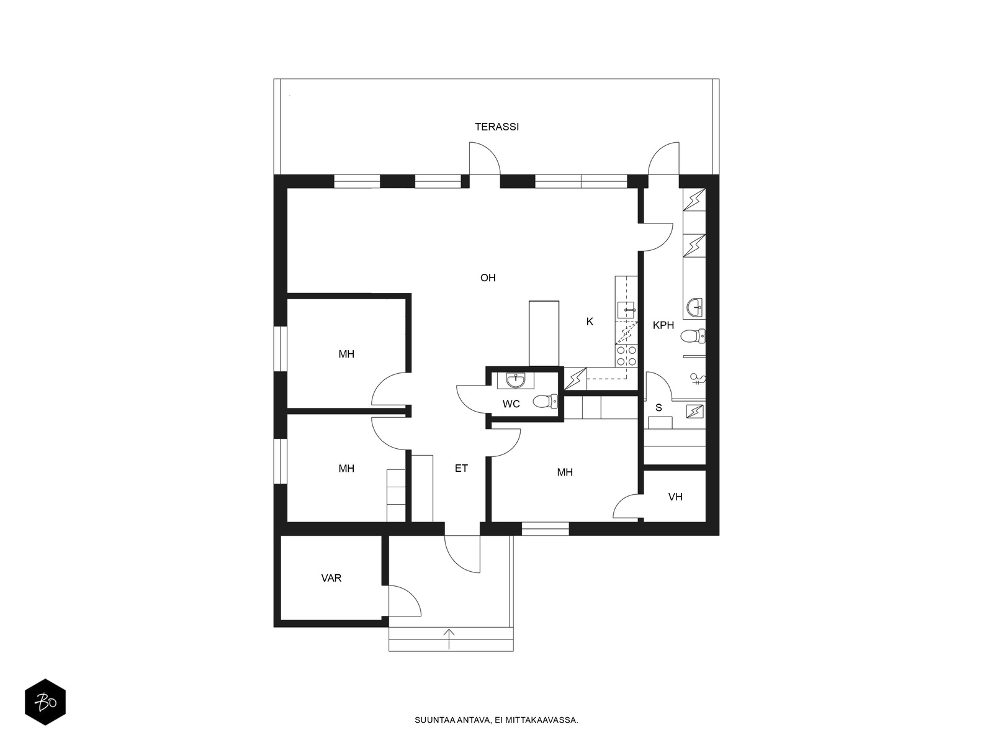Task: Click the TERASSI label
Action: pyautogui.click(x=496, y=127)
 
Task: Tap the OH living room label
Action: pyautogui.click(x=488, y=278)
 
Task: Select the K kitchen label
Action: pyautogui.click(x=590, y=322)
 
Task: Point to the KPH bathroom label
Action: pyautogui.click(x=663, y=325)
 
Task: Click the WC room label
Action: pyautogui.click(x=511, y=404)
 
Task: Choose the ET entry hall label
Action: pyautogui.click(x=461, y=469)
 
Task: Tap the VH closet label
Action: pyautogui.click(x=675, y=497)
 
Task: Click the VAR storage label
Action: pyautogui.click(x=331, y=578)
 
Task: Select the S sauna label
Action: pyautogui.click(x=658, y=408)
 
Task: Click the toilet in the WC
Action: pyautogui.click(x=546, y=401)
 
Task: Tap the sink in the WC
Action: pyautogui.click(x=515, y=381)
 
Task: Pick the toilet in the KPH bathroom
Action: pyautogui.click(x=693, y=336)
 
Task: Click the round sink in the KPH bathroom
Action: pyautogui.click(x=695, y=307)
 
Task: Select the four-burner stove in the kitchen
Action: pyautogui.click(x=626, y=356)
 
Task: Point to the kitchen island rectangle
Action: pyautogui.click(x=544, y=333)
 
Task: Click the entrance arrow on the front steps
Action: pyautogui.click(x=449, y=639)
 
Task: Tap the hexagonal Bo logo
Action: pyautogui.click(x=45, y=702)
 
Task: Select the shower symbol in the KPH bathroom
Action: pyautogui.click(x=697, y=379)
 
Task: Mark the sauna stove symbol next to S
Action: pyautogui.click(x=695, y=411)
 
